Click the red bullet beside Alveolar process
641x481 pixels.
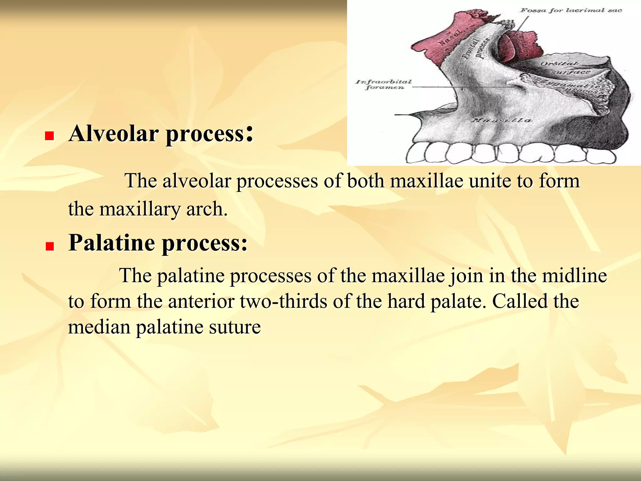49,136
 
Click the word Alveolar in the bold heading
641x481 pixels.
113,134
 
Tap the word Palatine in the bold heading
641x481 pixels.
112,243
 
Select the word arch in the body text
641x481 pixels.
207,209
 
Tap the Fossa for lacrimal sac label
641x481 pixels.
571,10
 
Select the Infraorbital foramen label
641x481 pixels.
384,84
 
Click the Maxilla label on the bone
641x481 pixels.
501,120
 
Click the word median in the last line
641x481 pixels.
99,327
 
